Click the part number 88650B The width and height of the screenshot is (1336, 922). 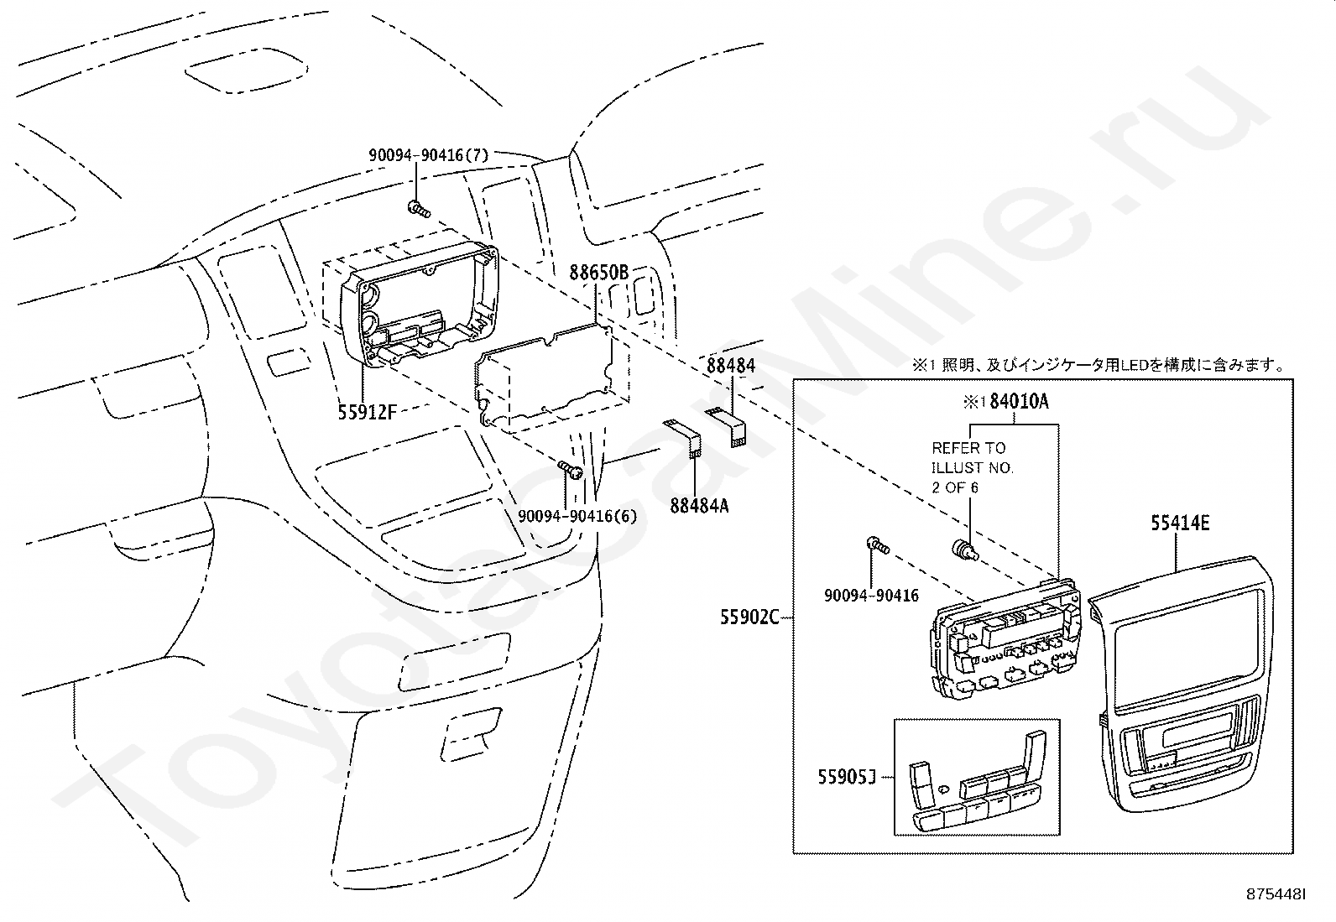pyautogui.click(x=599, y=273)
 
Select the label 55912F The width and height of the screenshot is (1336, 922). pyautogui.click(x=367, y=412)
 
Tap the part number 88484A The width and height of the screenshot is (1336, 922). pyautogui.click(x=699, y=506)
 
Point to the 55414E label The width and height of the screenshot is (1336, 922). pyautogui.click(x=1180, y=523)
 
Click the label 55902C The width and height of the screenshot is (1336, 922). pyautogui.click(x=749, y=617)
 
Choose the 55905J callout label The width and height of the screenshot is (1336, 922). pyautogui.click(x=847, y=777)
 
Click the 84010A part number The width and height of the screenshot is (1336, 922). pyautogui.click(x=1019, y=401)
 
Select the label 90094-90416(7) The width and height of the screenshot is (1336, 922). pyautogui.click(x=428, y=155)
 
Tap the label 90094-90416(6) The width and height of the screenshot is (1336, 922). pyautogui.click(x=577, y=516)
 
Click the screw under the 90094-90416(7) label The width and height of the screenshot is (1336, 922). pyautogui.click(x=419, y=209)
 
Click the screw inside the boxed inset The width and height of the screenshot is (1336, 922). pyautogui.click(x=877, y=545)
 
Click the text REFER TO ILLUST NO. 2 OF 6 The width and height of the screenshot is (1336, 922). pyautogui.click(x=973, y=467)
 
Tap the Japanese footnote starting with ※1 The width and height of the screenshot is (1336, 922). pyautogui.click(x=1099, y=365)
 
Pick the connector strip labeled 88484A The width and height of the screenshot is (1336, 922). pyautogui.click(x=682, y=438)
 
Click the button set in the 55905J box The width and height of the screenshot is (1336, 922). pyautogui.click(x=978, y=781)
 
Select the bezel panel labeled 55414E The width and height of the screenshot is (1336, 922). pyautogui.click(x=1182, y=684)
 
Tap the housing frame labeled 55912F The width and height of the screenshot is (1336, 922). pyautogui.click(x=420, y=305)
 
